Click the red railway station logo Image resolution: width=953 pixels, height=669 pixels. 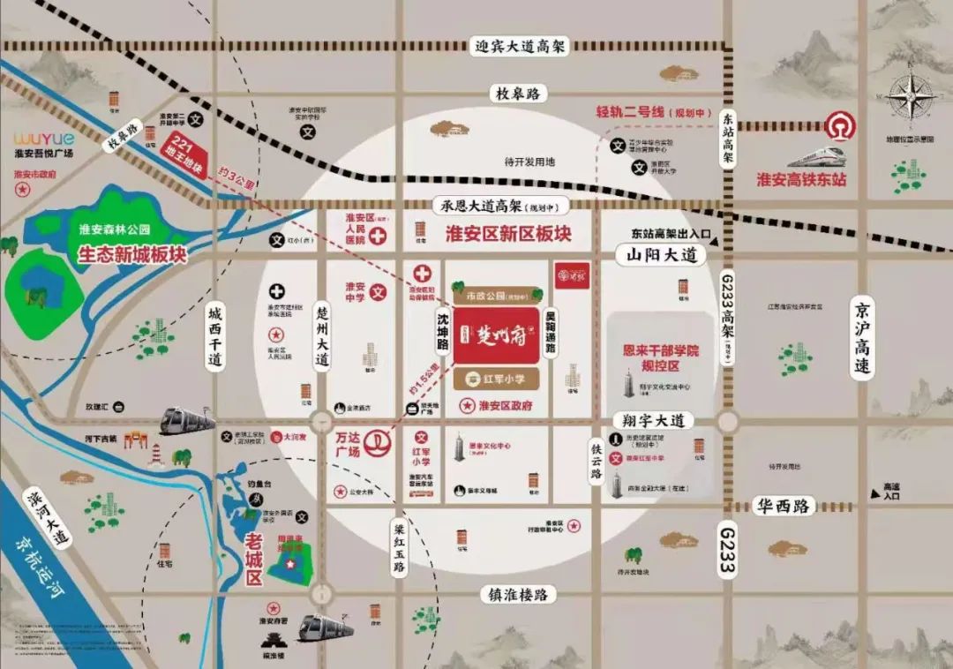point(839,129)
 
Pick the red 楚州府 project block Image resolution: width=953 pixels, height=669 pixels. point(497,336)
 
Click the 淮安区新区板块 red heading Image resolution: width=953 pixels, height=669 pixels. point(508,235)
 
